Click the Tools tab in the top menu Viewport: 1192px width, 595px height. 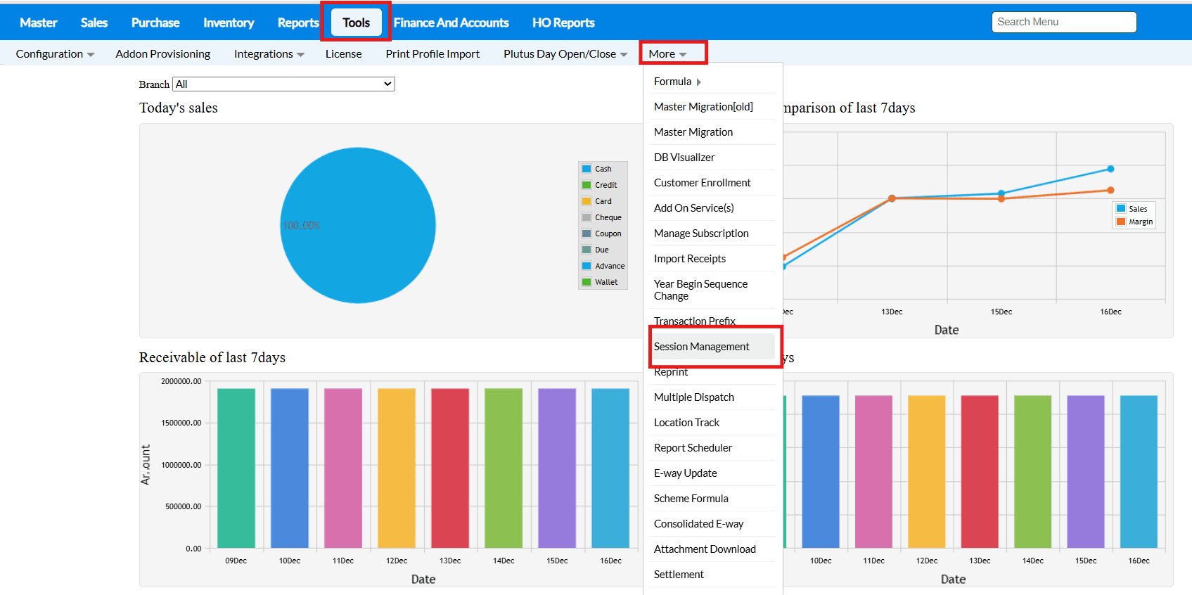pos(356,23)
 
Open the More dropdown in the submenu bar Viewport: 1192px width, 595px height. pos(667,54)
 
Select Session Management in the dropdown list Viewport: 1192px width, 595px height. pos(701,347)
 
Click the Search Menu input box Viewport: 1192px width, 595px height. pos(1063,22)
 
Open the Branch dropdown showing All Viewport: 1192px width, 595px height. pos(283,84)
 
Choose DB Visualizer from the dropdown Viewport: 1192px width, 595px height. pos(684,158)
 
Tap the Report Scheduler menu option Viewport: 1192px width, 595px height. pos(693,448)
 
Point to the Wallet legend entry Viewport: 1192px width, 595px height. pos(605,282)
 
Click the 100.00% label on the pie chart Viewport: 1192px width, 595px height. pos(301,226)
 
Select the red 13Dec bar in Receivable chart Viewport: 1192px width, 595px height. pos(450,468)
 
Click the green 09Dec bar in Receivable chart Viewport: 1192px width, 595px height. pos(236,468)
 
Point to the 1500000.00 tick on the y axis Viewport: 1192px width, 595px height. pos(181,423)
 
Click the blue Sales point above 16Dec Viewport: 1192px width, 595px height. pos(1110,169)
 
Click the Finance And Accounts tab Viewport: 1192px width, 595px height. pos(451,23)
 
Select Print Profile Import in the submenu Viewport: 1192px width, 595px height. pos(432,54)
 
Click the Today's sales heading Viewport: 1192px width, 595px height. pos(179,108)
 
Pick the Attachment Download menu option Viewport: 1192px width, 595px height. pos(705,549)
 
